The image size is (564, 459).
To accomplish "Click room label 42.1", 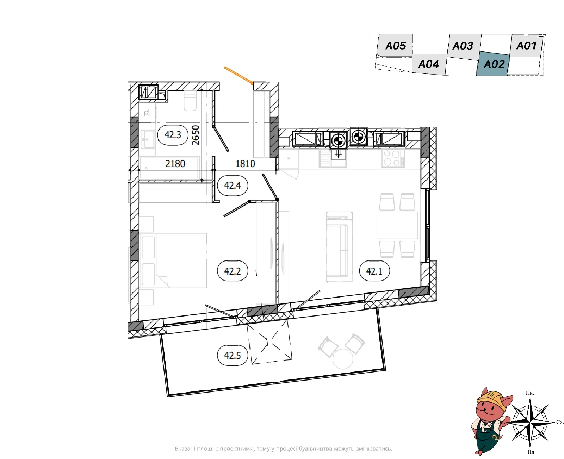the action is (x=374, y=271).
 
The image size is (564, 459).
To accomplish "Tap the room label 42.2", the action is (x=233, y=271).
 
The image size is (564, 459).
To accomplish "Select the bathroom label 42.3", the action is (x=173, y=135).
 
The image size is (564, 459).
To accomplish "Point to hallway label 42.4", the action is (x=233, y=185).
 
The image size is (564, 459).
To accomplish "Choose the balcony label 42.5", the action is (x=233, y=355).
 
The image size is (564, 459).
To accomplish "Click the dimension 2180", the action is (x=175, y=164).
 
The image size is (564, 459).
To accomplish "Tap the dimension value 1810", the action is (x=245, y=164).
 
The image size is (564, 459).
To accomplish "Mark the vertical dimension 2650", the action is (x=195, y=135).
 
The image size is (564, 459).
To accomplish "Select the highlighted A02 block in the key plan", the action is (x=493, y=64).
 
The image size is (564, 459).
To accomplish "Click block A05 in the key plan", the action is (x=395, y=45).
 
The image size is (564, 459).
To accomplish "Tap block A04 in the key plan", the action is (x=429, y=64).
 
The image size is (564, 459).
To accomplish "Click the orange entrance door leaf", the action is (x=239, y=76).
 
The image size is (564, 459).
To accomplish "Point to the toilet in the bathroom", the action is (x=190, y=101).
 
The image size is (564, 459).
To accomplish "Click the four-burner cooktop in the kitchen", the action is (x=393, y=158).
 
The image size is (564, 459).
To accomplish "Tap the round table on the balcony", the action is (x=343, y=359).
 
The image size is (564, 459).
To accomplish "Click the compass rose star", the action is (x=530, y=422).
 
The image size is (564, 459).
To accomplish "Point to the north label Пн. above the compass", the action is (x=530, y=393).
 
